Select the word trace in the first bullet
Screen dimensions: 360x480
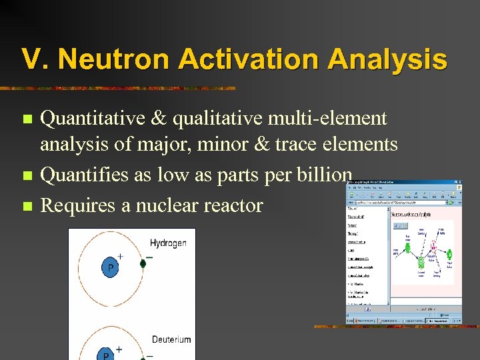pos(317,144)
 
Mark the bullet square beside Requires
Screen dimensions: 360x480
pos(27,205)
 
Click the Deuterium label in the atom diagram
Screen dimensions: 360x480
pos(171,339)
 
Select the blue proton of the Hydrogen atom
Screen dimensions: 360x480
pos(110,268)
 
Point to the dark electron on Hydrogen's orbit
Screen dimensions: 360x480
pos(143,264)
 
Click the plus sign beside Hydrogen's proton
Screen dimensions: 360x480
pos(120,256)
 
